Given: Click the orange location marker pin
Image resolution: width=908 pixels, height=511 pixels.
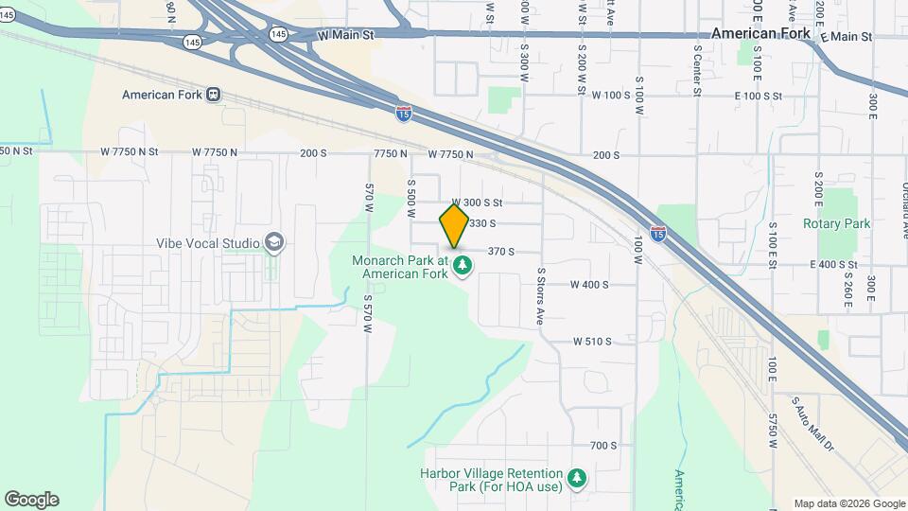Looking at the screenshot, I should tap(454, 225).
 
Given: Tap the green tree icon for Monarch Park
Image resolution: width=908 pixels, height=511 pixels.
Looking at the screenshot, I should tap(463, 266).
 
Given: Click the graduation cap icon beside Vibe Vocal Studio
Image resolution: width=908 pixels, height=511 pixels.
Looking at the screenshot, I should tap(275, 242).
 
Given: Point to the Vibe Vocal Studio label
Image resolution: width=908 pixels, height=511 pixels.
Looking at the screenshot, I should tap(208, 243).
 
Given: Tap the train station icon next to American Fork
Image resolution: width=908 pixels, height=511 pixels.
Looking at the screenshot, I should tap(214, 95).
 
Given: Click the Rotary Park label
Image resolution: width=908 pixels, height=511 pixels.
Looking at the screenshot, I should tap(836, 224).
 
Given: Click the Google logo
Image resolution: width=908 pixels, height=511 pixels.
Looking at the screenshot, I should tap(31, 499).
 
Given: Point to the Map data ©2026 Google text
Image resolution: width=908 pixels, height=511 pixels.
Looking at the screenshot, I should tap(848, 503).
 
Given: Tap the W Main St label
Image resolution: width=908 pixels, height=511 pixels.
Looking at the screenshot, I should tap(346, 35).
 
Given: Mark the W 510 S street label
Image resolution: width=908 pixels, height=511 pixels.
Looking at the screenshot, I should tap(592, 342).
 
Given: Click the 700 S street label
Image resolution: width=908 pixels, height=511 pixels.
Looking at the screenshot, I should tap(602, 446).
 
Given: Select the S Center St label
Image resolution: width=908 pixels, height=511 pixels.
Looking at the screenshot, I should tap(697, 69).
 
